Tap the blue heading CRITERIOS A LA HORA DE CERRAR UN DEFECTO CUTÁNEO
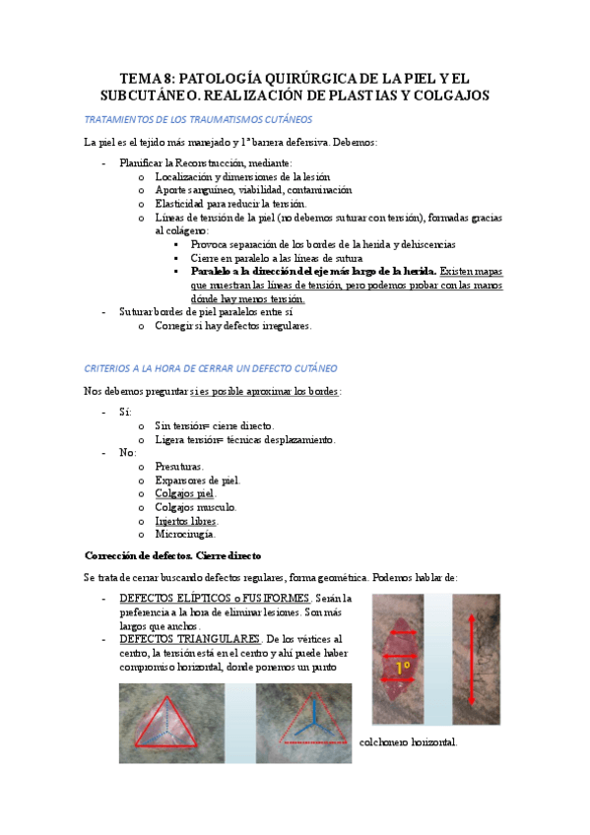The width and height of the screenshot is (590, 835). click(x=211, y=367)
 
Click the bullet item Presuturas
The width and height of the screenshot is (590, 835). click(x=179, y=466)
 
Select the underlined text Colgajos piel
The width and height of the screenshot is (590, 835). click(x=185, y=493)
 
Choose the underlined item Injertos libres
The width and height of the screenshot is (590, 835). click(x=186, y=521)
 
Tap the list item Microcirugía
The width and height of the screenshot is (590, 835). click(x=184, y=535)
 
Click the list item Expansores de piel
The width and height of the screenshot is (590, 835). click(x=197, y=480)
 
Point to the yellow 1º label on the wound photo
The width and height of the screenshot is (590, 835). click(x=403, y=668)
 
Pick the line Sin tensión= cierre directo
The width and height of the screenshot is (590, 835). click(x=214, y=425)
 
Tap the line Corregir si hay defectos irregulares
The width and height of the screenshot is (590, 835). click(x=232, y=325)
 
